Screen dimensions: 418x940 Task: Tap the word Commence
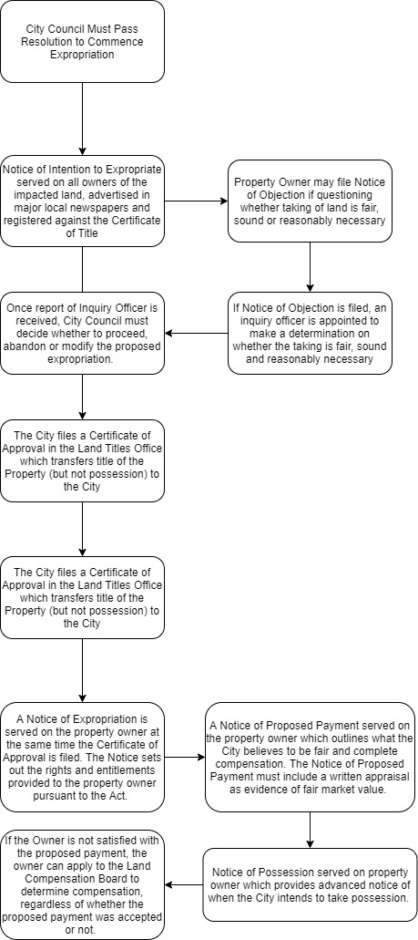click(x=118, y=41)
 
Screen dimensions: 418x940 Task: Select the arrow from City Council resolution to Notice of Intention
click(x=82, y=119)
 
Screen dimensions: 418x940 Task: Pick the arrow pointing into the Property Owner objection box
click(x=196, y=201)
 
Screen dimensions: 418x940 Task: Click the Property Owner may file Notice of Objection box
click(x=310, y=201)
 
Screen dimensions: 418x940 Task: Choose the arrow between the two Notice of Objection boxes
click(x=310, y=267)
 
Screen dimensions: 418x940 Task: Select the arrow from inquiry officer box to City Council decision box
click(x=196, y=334)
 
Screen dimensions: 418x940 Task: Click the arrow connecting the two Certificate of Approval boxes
click(x=82, y=530)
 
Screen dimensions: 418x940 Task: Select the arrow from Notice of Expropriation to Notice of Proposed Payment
click(x=185, y=757)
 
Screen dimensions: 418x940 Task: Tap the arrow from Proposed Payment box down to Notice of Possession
click(x=310, y=830)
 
